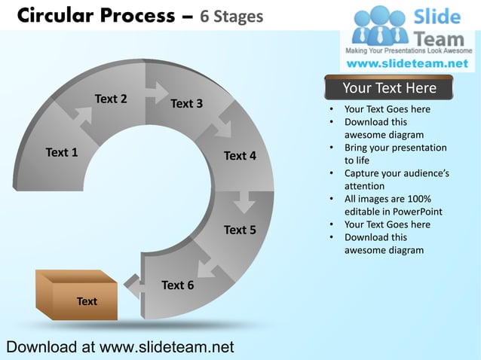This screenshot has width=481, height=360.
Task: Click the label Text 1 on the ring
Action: point(62,153)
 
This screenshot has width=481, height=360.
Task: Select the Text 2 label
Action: point(110,99)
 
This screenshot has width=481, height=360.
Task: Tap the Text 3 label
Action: point(186,103)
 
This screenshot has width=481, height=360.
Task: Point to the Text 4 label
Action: point(240,156)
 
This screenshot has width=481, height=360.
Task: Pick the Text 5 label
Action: point(240,230)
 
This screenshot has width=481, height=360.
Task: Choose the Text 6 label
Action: point(177,285)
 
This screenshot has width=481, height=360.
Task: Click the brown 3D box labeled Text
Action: point(77,296)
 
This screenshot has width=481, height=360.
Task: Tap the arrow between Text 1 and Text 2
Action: point(81,117)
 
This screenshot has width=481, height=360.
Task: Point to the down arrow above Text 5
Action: point(244,202)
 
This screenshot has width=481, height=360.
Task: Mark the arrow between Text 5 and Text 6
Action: point(204,265)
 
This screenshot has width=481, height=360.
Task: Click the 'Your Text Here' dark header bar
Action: point(389,88)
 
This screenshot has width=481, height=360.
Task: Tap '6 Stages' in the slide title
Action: point(231,16)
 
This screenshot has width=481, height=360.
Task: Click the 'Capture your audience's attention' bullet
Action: point(397,179)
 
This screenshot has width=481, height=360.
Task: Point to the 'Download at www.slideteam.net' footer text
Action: point(120,347)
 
